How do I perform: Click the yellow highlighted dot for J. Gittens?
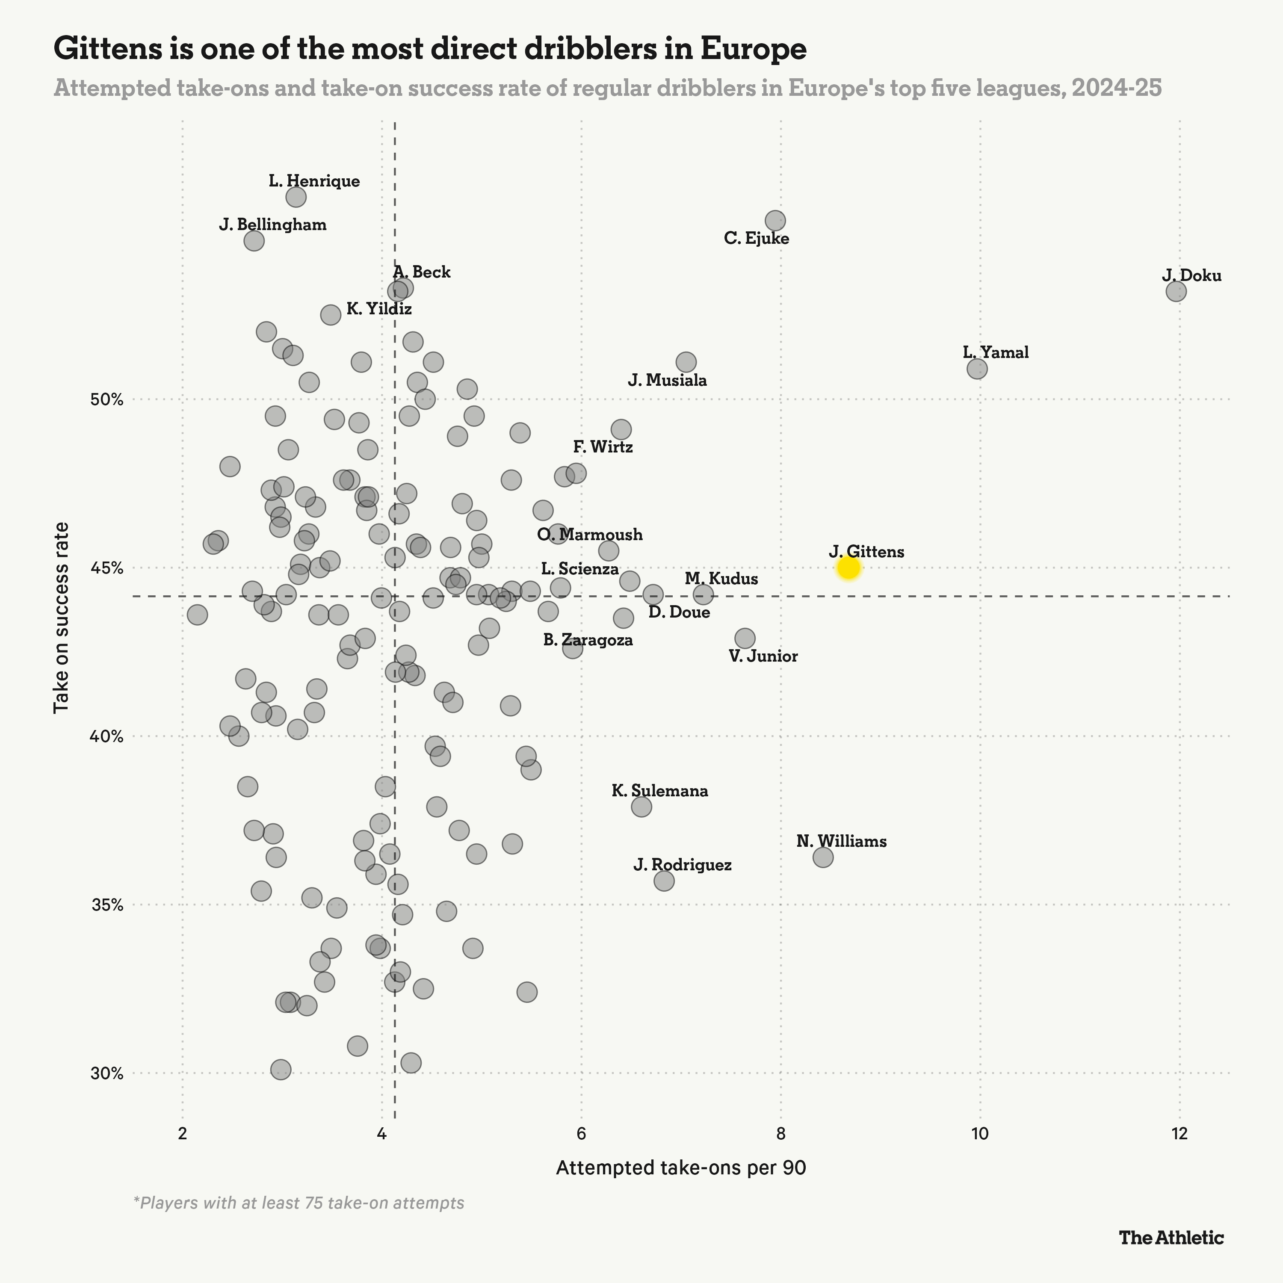click(848, 568)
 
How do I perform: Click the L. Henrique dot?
click(296, 197)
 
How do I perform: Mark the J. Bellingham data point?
click(254, 240)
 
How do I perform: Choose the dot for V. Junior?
click(745, 638)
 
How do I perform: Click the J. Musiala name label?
click(668, 381)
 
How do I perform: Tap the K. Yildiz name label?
click(379, 309)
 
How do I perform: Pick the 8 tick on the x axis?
click(781, 1134)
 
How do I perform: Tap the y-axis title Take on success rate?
click(62, 618)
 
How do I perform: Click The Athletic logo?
click(1171, 1238)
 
